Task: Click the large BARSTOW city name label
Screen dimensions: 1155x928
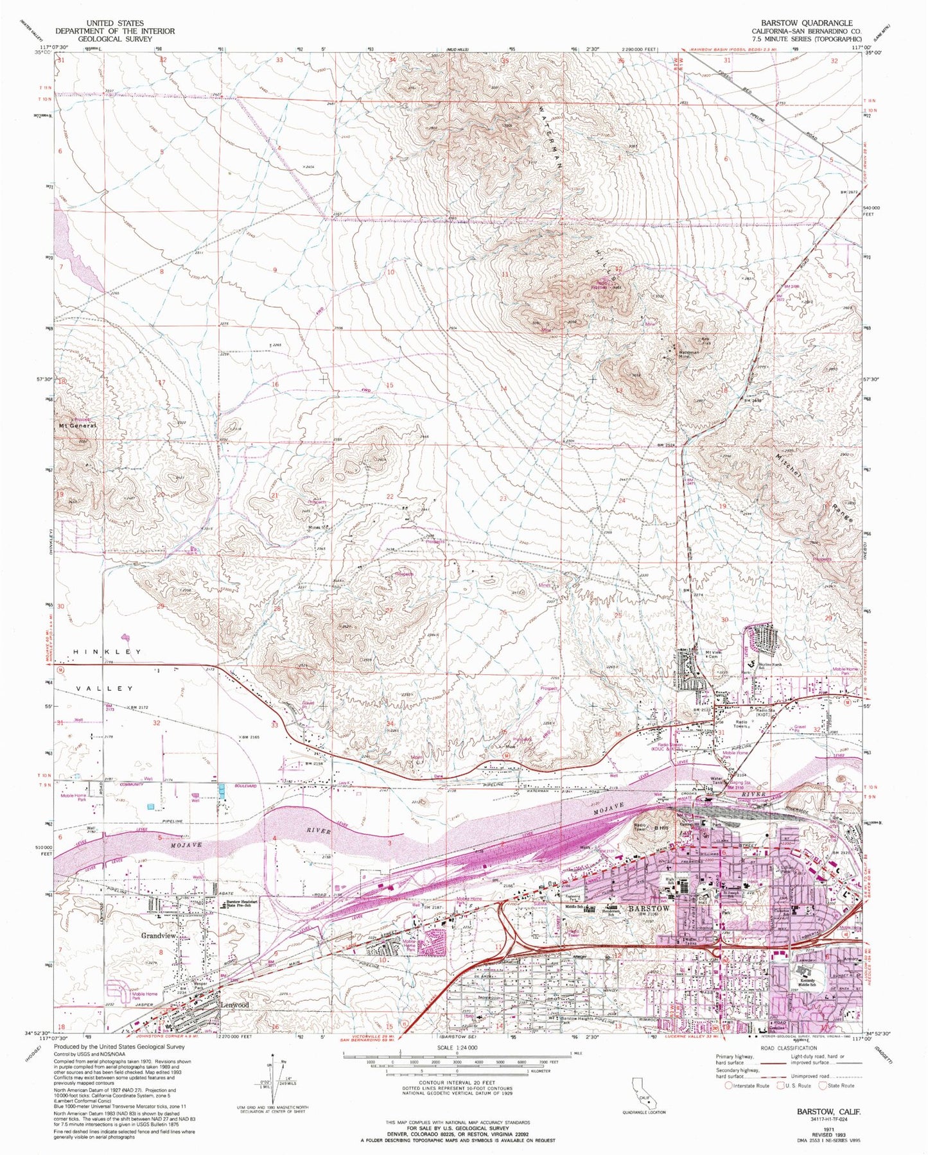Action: tap(649, 909)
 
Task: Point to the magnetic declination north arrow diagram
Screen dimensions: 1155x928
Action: tap(275, 1080)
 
